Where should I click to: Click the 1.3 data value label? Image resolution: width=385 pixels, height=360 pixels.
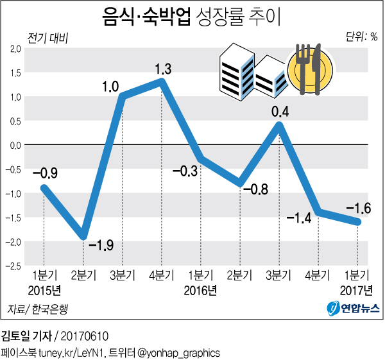click(163, 69)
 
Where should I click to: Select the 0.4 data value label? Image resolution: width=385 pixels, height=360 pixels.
click(280, 112)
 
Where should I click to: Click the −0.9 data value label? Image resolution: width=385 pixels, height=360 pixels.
click(44, 173)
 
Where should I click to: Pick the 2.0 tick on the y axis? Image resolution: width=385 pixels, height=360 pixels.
click(14, 49)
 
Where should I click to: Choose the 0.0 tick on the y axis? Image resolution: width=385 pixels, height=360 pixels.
click(14, 145)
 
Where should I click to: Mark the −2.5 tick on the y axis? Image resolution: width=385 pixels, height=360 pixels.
click(13, 266)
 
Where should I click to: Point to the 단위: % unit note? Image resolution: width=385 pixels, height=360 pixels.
click(361, 37)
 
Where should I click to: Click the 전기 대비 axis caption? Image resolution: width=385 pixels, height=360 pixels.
click(47, 37)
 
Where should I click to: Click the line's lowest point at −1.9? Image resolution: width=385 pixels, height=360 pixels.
click(82, 236)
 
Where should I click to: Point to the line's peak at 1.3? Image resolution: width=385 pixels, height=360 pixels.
click(161, 82)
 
